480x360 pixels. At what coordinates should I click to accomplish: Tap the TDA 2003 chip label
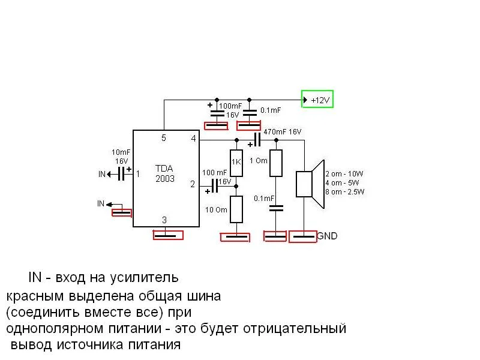point(165,174)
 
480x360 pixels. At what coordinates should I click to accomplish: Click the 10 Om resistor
point(236,209)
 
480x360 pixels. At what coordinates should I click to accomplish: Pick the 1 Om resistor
point(275,163)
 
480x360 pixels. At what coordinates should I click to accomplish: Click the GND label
point(327,236)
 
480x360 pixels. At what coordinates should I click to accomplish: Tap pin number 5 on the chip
point(163,138)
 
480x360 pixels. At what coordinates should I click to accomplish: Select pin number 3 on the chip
point(164,220)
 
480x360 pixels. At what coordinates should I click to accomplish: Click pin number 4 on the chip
point(193,139)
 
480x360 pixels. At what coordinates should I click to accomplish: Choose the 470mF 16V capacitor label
point(282,131)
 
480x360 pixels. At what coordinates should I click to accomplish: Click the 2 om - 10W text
point(344,174)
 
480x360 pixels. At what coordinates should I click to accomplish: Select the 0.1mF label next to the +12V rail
point(270,110)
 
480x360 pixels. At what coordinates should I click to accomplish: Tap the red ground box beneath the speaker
point(303,236)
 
